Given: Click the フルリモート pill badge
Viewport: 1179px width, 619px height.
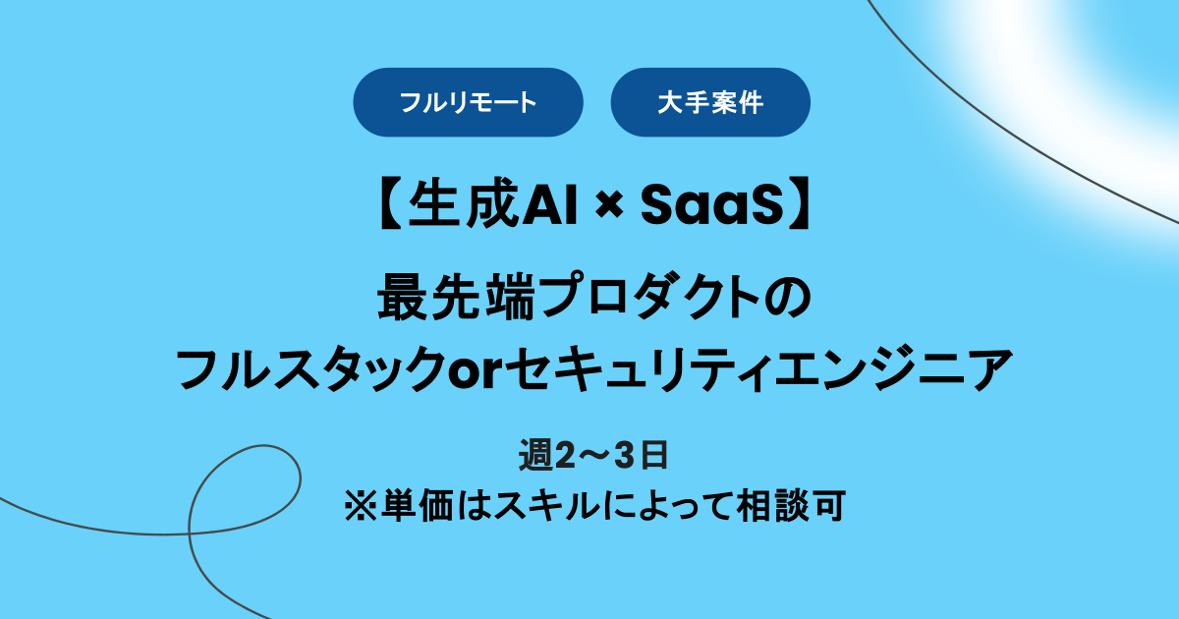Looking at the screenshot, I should click(469, 102).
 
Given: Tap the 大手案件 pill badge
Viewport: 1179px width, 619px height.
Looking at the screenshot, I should click(710, 102).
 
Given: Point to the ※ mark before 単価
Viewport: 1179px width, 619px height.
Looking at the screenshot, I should click(354, 506).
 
